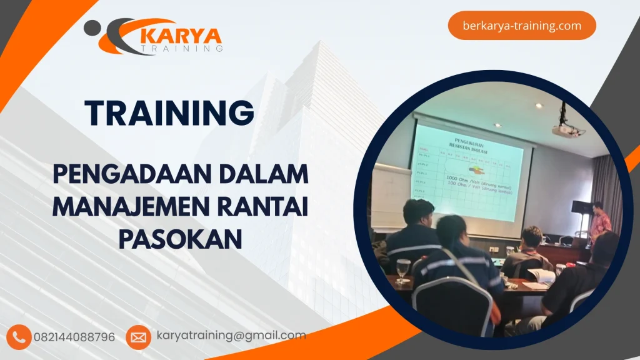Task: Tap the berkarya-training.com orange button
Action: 522,26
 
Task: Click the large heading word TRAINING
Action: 170,113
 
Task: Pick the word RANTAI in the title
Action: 271,206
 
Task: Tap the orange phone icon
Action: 20,337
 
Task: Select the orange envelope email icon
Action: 138,337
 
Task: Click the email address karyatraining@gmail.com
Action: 231,336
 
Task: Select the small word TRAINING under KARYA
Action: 182,47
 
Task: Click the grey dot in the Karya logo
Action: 92,27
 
